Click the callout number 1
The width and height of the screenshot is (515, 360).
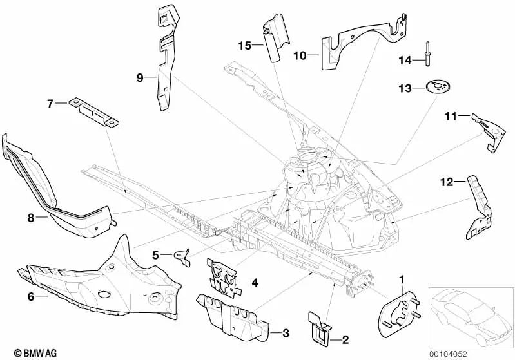pyautogui.click(x=403, y=279)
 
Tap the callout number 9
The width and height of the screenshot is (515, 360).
pyautogui.click(x=139, y=77)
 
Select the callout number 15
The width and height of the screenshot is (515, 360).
pyautogui.click(x=244, y=45)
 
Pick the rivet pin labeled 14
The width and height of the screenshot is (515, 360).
pyautogui.click(x=427, y=52)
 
